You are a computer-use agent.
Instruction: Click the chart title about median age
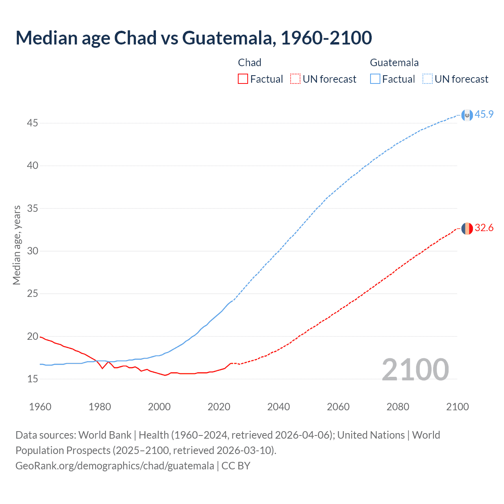[x=194, y=38]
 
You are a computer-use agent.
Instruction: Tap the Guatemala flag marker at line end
[x=467, y=115]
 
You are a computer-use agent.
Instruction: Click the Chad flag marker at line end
[x=467, y=228]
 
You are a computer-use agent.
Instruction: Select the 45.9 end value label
[x=484, y=115]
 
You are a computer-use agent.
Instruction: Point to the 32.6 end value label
[x=484, y=228]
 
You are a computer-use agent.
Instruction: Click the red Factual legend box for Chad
[x=243, y=79]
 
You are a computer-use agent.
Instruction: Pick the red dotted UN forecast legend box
[x=295, y=79]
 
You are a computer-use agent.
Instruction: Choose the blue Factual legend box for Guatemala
[x=375, y=79]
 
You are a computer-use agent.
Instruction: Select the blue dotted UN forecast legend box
[x=428, y=79]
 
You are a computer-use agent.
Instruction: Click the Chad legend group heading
[x=250, y=63]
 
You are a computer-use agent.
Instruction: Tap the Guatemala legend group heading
[x=394, y=63]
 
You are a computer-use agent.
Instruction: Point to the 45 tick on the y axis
[x=32, y=123]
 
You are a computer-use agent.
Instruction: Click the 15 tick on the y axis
[x=32, y=379]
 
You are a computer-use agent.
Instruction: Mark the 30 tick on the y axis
[x=32, y=251]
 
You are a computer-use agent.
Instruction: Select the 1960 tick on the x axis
[x=40, y=407]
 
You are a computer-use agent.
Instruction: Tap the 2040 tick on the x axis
[x=278, y=407]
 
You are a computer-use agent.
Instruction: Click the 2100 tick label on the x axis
[x=457, y=407]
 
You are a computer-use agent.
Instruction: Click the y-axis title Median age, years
[x=17, y=245]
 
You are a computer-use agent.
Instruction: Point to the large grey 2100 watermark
[x=415, y=370]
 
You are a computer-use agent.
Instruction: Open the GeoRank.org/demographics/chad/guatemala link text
[x=115, y=466]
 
